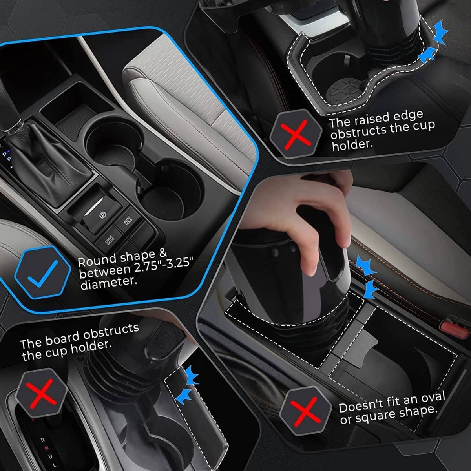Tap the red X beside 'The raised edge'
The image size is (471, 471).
click(x=296, y=135)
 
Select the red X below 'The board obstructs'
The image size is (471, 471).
click(x=41, y=395)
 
